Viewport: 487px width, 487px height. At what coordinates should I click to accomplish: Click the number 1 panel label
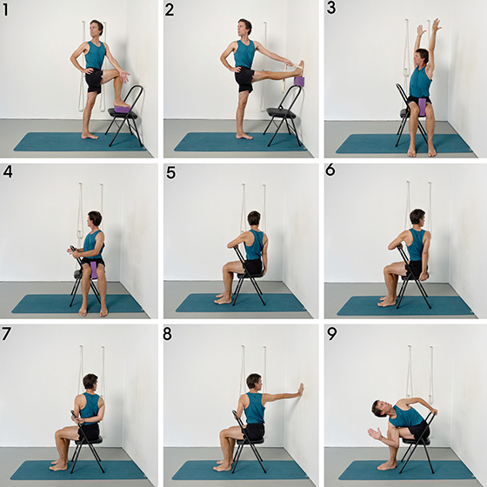tap(5, 10)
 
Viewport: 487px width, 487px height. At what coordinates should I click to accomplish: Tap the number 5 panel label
tap(170, 172)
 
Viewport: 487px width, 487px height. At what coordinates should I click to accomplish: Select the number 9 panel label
tap(332, 334)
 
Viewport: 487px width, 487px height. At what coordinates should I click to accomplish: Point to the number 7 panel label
tap(6, 334)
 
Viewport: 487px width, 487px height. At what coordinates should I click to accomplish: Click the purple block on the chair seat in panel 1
tap(122, 109)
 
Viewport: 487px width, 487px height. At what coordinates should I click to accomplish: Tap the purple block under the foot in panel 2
tap(299, 81)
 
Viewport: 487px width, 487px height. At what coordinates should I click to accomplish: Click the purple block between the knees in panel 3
tap(422, 107)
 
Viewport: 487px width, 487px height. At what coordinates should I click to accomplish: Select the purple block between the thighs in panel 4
tap(94, 270)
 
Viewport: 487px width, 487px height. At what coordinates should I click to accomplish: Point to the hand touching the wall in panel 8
tap(300, 390)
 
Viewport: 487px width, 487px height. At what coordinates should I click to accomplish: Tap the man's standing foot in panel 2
tap(244, 136)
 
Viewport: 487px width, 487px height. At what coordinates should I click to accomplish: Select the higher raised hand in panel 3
tap(437, 24)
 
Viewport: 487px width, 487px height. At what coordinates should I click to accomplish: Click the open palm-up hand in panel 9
tap(375, 434)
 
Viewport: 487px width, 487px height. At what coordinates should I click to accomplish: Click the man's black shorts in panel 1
tap(94, 80)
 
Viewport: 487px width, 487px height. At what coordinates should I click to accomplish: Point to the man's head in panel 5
tap(254, 218)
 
